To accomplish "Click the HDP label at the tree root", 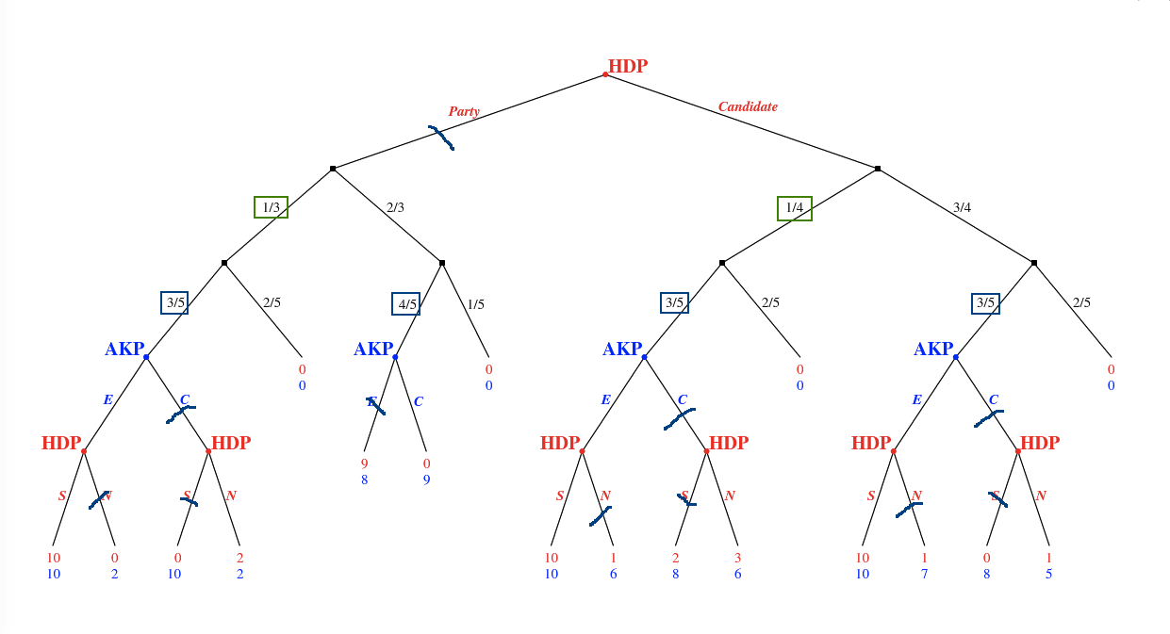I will point(628,67).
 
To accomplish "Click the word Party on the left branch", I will point(464,111).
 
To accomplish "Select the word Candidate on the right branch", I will point(748,106).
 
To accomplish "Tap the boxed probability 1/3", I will point(271,207).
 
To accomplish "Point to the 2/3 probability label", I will point(395,207).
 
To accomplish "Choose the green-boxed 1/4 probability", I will point(794,208).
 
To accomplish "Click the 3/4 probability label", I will point(962,207).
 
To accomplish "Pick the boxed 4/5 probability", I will point(405,303).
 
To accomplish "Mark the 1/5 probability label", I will point(476,304).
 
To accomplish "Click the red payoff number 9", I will point(364,463).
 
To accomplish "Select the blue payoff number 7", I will point(924,573).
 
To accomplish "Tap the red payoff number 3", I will point(737,558).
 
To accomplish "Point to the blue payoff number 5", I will point(1048,573).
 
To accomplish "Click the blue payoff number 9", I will point(426,480).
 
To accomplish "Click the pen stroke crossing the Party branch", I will point(441,138).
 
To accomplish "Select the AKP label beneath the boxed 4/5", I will point(372,350).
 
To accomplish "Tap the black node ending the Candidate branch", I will point(878,169).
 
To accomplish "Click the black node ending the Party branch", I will point(333,169).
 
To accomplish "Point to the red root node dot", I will point(605,74).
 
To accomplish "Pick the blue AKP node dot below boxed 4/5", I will point(395,357).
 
